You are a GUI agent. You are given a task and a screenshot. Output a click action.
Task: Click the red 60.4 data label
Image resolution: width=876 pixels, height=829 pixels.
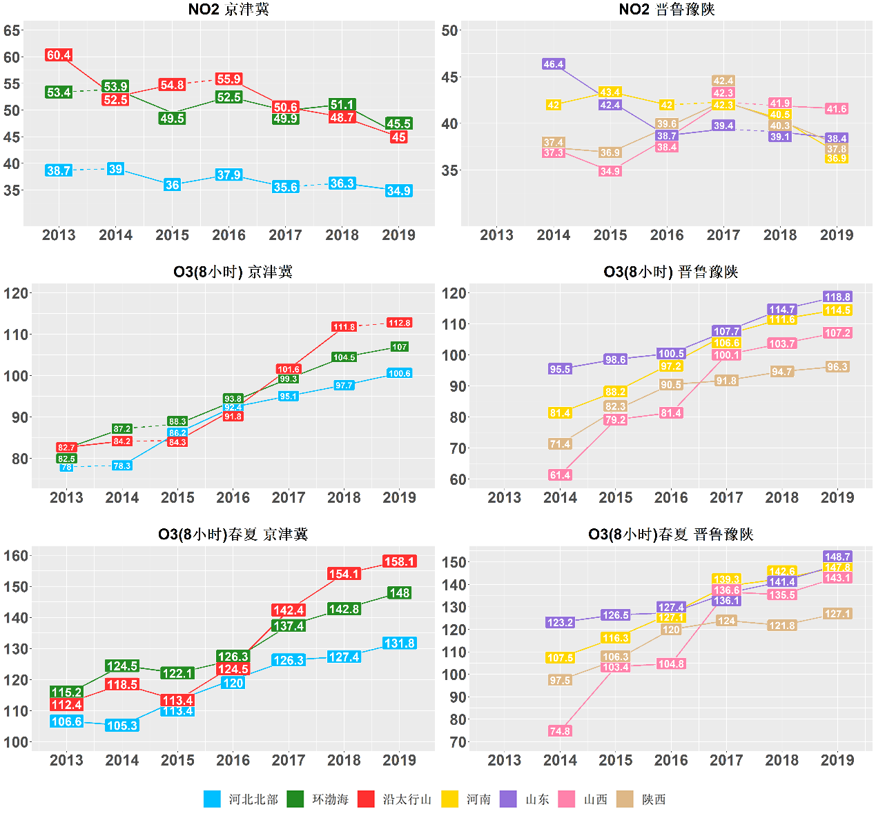tap(59, 55)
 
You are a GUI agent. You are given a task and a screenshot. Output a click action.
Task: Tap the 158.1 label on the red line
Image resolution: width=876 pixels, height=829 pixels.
tap(399, 561)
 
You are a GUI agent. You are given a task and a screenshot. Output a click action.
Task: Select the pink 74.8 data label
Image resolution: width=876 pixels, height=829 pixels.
tap(560, 731)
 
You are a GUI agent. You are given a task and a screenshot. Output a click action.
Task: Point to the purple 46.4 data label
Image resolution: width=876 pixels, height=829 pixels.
tap(554, 64)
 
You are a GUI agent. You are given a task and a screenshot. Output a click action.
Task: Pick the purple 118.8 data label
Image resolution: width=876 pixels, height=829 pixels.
tap(837, 297)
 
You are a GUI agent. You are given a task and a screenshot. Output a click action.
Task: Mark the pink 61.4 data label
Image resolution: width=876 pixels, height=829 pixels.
tap(560, 475)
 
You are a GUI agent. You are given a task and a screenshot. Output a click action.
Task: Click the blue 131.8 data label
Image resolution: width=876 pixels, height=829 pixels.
tap(399, 643)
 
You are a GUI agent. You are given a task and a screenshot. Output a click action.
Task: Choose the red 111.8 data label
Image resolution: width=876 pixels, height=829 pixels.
tap(344, 327)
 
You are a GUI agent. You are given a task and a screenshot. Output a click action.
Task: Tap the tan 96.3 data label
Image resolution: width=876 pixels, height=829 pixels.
tap(837, 367)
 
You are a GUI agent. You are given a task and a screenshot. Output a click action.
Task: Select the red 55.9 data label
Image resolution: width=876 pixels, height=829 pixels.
tap(228, 79)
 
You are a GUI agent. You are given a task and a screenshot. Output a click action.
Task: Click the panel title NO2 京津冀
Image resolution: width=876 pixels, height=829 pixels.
tap(228, 10)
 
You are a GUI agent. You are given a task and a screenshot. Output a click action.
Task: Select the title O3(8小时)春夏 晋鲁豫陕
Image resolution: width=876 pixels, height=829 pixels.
tap(670, 535)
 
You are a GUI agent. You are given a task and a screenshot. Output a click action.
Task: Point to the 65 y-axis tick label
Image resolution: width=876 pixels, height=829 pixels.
tap(12, 30)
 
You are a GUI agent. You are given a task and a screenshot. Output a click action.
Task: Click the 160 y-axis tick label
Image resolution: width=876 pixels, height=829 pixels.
tap(16, 556)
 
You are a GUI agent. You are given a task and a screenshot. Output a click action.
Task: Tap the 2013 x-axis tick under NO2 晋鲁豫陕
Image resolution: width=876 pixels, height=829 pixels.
tap(496, 235)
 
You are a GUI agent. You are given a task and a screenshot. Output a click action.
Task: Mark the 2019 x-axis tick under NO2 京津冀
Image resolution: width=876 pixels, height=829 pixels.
tap(398, 235)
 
